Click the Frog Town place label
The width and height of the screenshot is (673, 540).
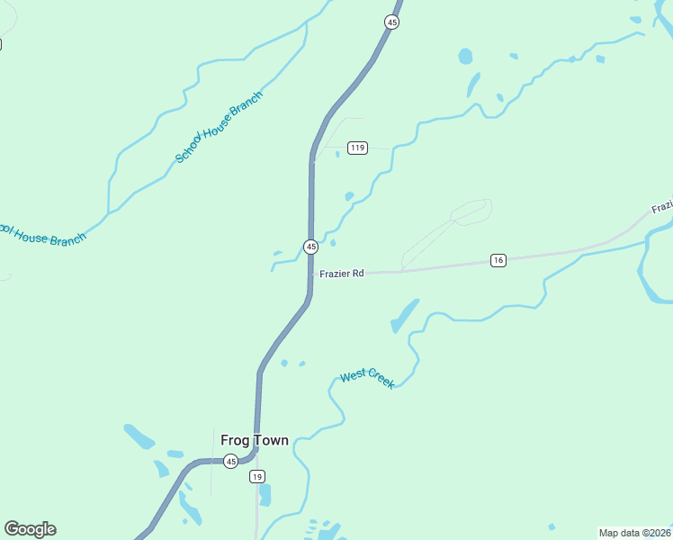click(x=255, y=440)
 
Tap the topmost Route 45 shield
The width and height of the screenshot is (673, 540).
click(x=391, y=22)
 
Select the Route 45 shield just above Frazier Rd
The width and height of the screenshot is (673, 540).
click(x=310, y=247)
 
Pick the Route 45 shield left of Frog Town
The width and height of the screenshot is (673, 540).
click(x=231, y=462)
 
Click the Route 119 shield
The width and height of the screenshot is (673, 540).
click(x=358, y=148)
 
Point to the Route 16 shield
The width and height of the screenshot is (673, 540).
click(x=498, y=260)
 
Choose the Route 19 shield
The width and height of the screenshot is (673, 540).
click(x=257, y=476)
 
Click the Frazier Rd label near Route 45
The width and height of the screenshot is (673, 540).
click(x=341, y=273)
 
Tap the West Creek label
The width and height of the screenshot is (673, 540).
click(x=368, y=379)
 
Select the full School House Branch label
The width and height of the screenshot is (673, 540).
click(x=219, y=127)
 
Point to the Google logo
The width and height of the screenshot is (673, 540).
click(x=30, y=529)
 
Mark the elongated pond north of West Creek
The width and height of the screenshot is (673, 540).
click(x=405, y=315)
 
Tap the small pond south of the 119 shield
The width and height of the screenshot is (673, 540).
click(x=349, y=196)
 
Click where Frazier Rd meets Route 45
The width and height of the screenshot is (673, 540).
click(x=311, y=273)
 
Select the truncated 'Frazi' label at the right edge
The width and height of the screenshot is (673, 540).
click(x=661, y=207)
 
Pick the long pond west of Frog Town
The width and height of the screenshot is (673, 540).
click(x=139, y=436)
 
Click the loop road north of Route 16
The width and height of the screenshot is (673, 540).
click(x=471, y=213)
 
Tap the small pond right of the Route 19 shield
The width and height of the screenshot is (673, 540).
click(x=265, y=494)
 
